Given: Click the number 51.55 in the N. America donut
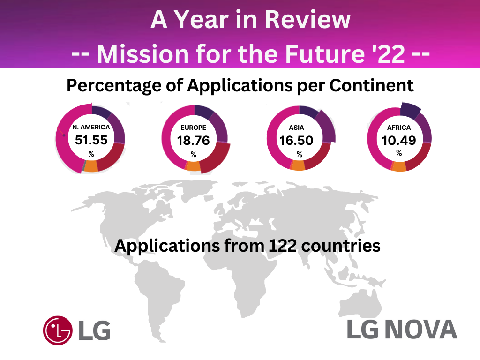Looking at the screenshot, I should click(x=91, y=140).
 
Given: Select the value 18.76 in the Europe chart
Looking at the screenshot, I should click(x=193, y=140).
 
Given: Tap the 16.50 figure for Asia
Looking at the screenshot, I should click(x=296, y=140).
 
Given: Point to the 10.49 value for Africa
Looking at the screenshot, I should click(x=399, y=140).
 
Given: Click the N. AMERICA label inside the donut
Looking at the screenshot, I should click(x=91, y=127).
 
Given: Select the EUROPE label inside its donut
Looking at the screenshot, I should click(x=194, y=127).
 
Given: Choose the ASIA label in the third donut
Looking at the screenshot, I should click(x=297, y=127).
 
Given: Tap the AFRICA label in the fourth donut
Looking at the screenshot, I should click(x=399, y=127).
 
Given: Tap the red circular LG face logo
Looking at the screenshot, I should click(x=58, y=330).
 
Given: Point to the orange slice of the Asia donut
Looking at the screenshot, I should click(x=298, y=165).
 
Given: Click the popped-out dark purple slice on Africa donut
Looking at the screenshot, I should click(x=411, y=111).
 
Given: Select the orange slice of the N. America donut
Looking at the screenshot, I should click(x=91, y=166).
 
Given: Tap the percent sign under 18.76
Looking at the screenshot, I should click(x=193, y=154).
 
